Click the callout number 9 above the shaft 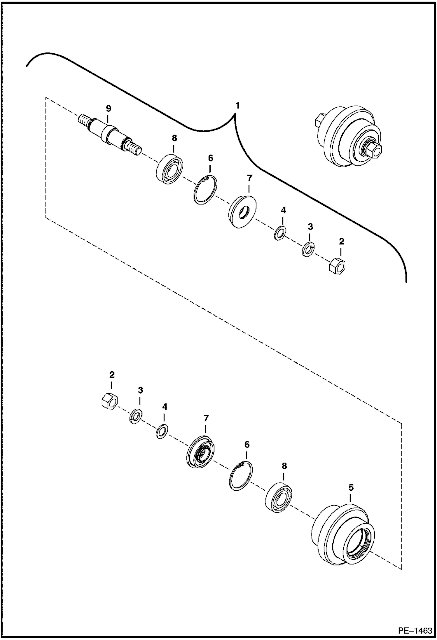pyautogui.click(x=109, y=109)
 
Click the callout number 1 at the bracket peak pyautogui.click(x=238, y=106)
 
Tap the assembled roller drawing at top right pyautogui.click(x=347, y=137)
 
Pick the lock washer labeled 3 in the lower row pyautogui.click(x=136, y=416)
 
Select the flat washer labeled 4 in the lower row pyautogui.click(x=162, y=431)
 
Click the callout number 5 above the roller pyautogui.click(x=351, y=487)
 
